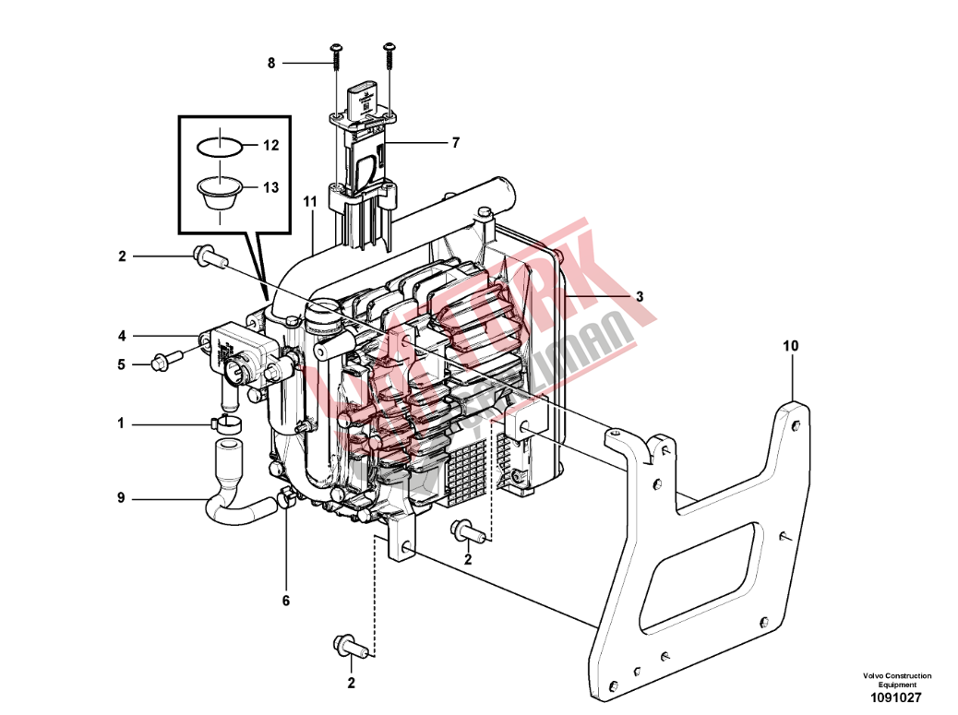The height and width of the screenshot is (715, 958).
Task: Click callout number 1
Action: [121, 423]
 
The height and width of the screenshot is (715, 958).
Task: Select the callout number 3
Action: [639, 296]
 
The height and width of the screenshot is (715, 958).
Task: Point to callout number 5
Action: [121, 364]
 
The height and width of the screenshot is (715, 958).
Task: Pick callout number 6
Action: [285, 601]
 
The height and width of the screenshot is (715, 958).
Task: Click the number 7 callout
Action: [454, 143]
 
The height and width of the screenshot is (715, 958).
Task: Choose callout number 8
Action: [271, 63]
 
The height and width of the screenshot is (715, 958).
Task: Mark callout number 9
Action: [121, 498]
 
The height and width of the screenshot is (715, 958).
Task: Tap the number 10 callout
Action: [791, 346]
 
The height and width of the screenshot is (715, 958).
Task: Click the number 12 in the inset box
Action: [269, 146]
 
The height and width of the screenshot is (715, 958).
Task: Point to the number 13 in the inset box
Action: [269, 187]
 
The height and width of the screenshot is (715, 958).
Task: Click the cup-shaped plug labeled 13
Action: [221, 195]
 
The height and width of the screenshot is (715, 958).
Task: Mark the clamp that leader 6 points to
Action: [285, 501]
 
